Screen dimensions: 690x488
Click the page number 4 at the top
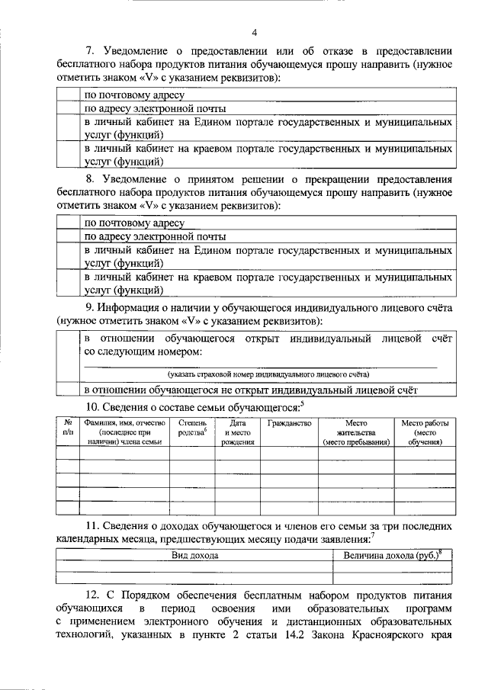coord(255,32)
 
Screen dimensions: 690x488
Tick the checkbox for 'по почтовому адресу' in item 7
coord(68,95)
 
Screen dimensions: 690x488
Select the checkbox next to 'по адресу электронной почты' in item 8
coord(68,236)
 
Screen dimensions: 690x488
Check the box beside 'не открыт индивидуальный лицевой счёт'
coord(68,389)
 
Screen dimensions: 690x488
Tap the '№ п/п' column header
coord(68,428)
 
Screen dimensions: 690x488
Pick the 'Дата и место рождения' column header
coord(238,432)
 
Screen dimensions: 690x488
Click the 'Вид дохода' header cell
coord(194,556)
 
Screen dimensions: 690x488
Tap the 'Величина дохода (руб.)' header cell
coord(392,556)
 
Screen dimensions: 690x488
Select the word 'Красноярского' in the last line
coord(385,636)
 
